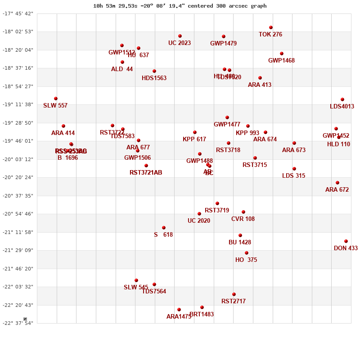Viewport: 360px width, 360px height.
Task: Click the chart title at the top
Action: [x=180, y=6]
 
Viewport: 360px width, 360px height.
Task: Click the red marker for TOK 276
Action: [x=271, y=27]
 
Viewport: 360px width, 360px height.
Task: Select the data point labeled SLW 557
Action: [x=56, y=99]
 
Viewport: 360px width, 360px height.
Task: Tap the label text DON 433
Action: [x=346, y=248]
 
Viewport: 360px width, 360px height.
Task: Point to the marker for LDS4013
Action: [x=342, y=99]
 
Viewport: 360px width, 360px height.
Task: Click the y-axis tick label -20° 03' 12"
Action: [x=18, y=159]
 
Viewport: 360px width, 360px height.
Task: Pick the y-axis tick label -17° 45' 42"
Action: [x=18, y=13]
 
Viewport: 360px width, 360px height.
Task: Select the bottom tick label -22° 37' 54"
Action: [x=18, y=323]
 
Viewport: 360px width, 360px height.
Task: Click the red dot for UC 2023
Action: [x=180, y=36]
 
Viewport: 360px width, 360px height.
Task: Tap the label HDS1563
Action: [x=154, y=78]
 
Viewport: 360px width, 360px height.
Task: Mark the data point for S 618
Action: [x=164, y=228]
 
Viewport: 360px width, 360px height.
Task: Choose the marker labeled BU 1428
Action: [x=240, y=235]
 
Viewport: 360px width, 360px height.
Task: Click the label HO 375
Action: [x=246, y=260]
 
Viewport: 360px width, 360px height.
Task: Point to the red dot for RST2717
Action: [x=234, y=294]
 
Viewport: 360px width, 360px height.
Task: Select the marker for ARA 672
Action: [x=337, y=183]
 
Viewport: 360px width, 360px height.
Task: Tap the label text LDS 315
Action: [x=293, y=176]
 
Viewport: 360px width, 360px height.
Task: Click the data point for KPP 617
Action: [x=195, y=132]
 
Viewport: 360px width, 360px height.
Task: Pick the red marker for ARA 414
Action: [x=63, y=126]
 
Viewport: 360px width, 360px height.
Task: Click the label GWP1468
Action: [x=281, y=61]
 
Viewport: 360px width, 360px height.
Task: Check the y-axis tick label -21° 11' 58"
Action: [x=18, y=232]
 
